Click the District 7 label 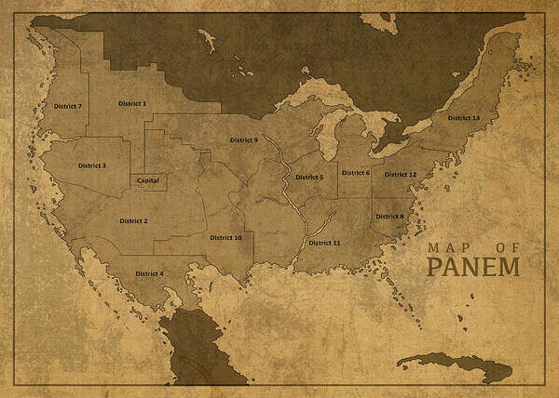click(x=67, y=107)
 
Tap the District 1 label click(x=132, y=103)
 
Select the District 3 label click(x=92, y=166)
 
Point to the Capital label click(x=147, y=180)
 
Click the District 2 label click(x=133, y=221)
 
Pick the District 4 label click(x=149, y=273)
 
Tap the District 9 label click(x=244, y=140)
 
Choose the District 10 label click(x=225, y=237)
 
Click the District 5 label click(x=309, y=177)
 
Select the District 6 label click(x=355, y=173)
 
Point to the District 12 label click(x=401, y=175)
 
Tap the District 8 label click(x=389, y=217)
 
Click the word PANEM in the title click(x=473, y=267)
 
